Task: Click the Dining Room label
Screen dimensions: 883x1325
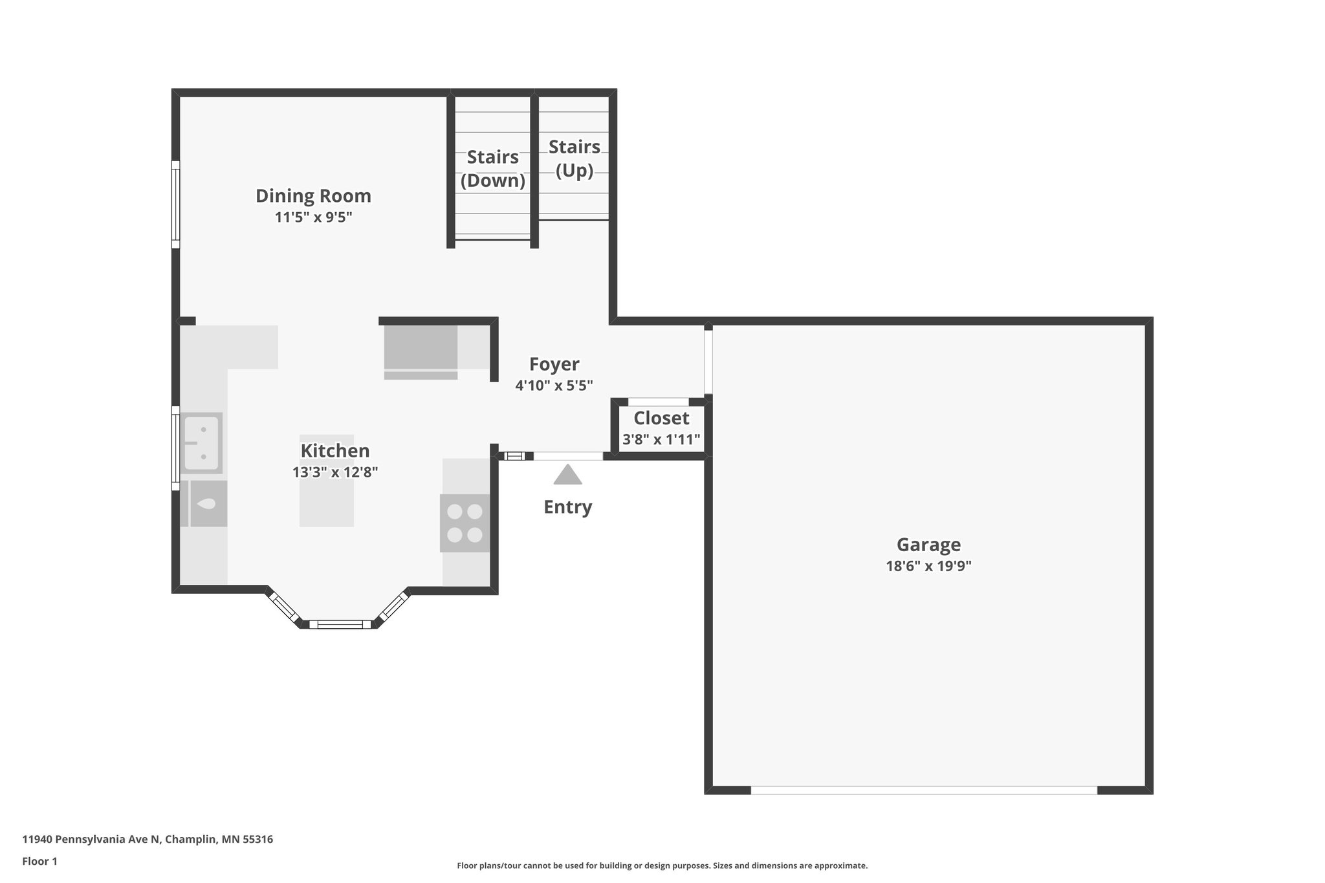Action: tap(313, 195)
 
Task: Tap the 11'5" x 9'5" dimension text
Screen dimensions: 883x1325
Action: tap(313, 217)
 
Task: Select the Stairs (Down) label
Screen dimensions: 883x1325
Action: tap(492, 168)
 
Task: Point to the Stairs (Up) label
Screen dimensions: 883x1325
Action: tap(574, 158)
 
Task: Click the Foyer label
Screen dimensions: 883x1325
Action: tap(554, 364)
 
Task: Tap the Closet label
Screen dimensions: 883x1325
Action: tap(661, 418)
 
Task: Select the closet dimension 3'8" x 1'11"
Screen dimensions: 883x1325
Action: tap(661, 440)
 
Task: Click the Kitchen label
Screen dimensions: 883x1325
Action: tap(334, 451)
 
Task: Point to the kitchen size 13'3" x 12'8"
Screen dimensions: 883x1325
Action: tap(334, 472)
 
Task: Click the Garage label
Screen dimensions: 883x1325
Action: tap(928, 545)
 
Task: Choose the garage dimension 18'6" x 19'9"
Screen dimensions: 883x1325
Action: tap(928, 566)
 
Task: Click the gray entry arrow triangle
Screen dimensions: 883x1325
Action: tap(567, 476)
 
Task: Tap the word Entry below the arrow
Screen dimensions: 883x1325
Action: tap(567, 507)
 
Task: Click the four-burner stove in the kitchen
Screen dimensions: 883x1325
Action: tap(465, 523)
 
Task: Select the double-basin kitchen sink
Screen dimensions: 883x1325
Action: tap(203, 443)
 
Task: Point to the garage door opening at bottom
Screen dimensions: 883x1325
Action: tap(923, 790)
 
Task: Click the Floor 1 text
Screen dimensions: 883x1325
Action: tap(39, 861)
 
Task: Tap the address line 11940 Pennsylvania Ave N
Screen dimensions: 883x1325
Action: tap(148, 840)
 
